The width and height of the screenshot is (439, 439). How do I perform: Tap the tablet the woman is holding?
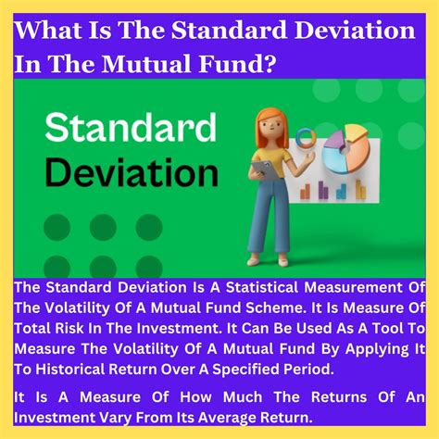click(x=262, y=173)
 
